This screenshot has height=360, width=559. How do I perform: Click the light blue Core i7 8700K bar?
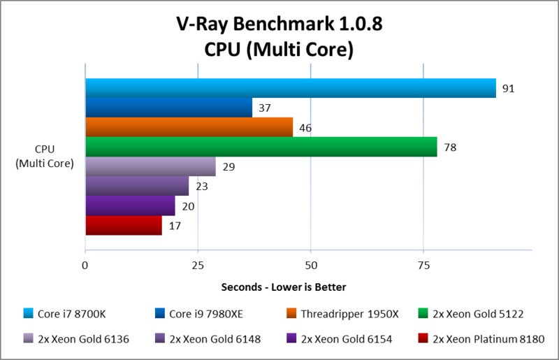pyautogui.click(x=290, y=88)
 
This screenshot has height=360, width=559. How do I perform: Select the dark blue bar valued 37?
pyautogui.click(x=168, y=108)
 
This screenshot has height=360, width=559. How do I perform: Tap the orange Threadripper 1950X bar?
pyautogui.click(x=189, y=127)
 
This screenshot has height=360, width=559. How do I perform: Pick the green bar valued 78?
pyautogui.click(x=261, y=147)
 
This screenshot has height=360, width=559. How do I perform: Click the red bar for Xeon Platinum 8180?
pyautogui.click(x=123, y=225)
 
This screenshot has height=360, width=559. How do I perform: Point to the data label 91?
pyautogui.click(x=509, y=89)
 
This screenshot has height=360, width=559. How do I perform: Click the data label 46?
pyautogui.click(x=305, y=128)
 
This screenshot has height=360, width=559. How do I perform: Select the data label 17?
pyautogui.click(x=175, y=226)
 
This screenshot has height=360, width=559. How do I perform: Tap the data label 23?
pyautogui.click(x=201, y=187)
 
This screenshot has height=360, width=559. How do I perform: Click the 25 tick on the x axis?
pyautogui.click(x=198, y=265)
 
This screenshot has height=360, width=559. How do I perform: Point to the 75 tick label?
pyautogui.click(x=423, y=265)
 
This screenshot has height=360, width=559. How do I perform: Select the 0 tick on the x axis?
pyautogui.click(x=85, y=265)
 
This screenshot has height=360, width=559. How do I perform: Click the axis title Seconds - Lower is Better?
pyautogui.click(x=284, y=287)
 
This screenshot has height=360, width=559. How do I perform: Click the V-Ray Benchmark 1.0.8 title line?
pyautogui.click(x=279, y=25)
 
